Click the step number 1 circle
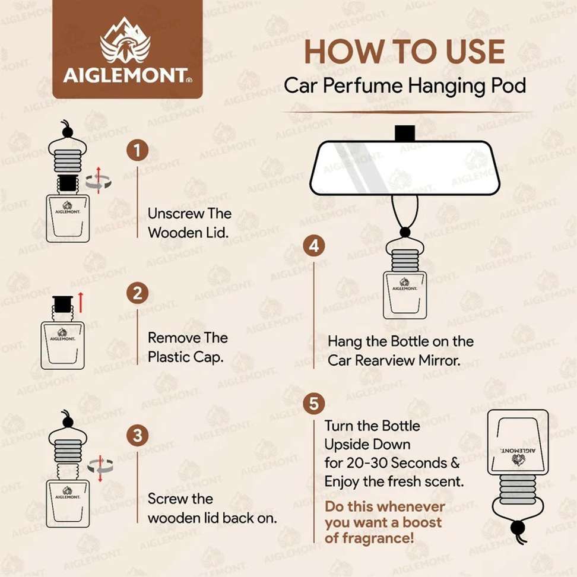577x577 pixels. (137, 150)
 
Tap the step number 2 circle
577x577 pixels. (137, 293)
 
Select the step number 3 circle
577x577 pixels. (137, 436)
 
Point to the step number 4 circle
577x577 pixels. (314, 245)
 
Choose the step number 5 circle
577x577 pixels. (314, 403)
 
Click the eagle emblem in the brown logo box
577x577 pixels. (126, 40)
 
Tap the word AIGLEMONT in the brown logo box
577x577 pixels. (125, 75)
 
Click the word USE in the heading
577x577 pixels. (475, 52)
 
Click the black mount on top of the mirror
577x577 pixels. (405, 133)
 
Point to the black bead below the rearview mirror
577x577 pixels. (405, 232)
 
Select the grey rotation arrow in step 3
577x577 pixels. (100, 467)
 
